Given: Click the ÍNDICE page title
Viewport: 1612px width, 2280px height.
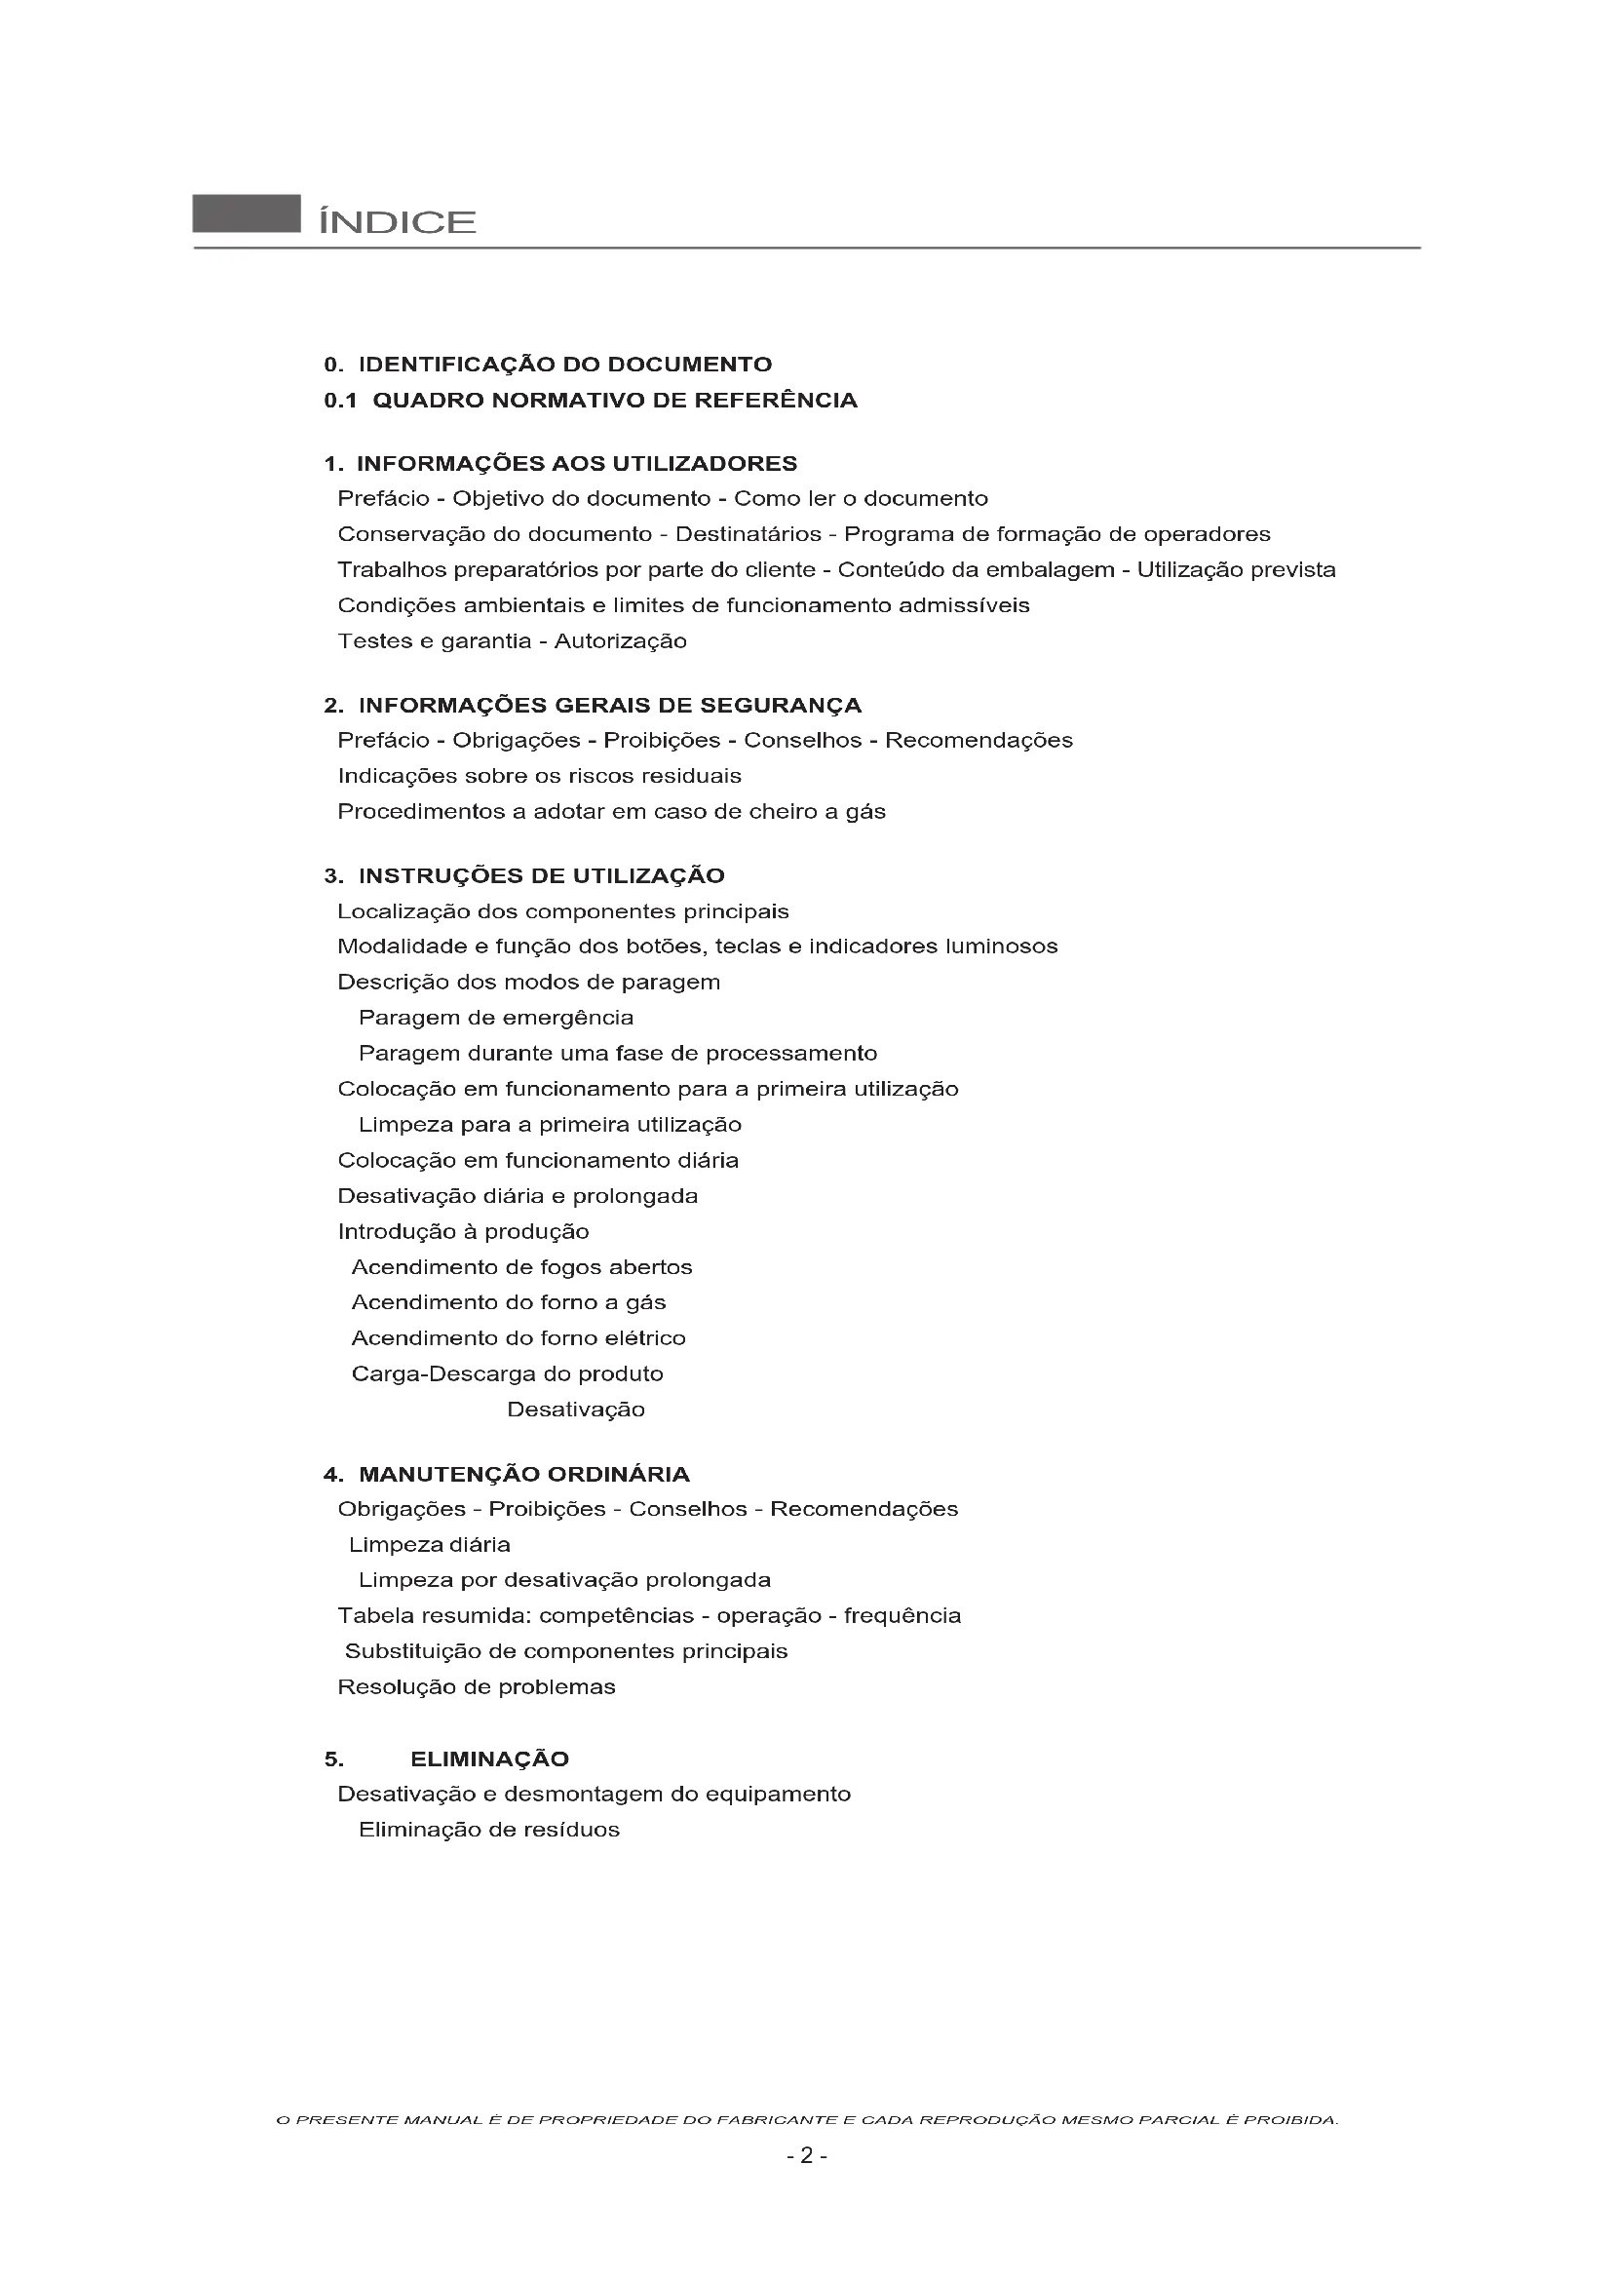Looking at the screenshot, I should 397,221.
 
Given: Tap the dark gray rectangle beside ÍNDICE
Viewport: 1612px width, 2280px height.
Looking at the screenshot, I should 247,213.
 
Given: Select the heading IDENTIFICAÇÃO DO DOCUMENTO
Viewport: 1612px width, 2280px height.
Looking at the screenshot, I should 563,365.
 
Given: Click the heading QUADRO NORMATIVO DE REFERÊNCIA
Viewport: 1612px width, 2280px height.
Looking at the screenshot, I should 614,401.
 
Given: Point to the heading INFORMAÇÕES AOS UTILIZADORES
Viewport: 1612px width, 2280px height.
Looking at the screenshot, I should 576,464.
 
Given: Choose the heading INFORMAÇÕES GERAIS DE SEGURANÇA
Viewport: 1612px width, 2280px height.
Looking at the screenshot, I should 609,706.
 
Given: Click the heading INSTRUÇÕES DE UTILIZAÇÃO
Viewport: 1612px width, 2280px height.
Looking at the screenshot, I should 541,876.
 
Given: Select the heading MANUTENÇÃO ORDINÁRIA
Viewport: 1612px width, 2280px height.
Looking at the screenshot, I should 523,1474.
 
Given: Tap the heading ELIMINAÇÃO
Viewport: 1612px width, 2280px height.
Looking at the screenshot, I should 489,1759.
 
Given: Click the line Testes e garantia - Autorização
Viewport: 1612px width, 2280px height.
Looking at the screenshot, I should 513,641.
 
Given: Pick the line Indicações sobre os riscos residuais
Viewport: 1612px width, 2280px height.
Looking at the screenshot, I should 539,777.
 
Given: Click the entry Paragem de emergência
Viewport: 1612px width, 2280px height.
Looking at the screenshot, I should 495,1018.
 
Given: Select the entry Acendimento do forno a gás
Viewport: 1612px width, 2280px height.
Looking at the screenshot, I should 508,1303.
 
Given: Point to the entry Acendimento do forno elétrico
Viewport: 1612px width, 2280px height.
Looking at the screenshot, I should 518,1338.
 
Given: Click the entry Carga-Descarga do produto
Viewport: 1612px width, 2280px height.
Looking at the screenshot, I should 507,1374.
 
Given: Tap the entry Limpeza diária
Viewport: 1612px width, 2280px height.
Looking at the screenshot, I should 430,1545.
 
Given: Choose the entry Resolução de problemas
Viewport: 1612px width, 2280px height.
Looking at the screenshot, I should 477,1687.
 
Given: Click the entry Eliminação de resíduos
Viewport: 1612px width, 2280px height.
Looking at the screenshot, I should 489,1831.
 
